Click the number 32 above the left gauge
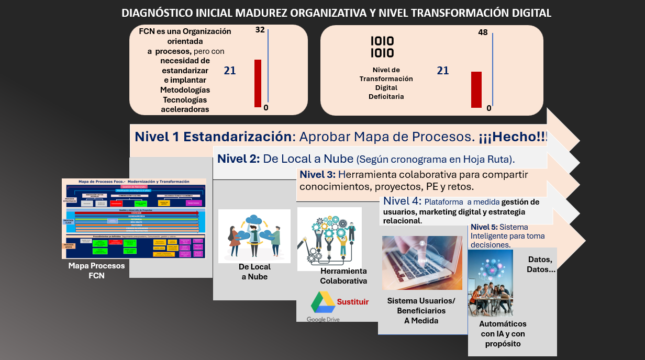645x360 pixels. click(260, 30)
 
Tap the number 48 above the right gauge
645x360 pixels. click(483, 32)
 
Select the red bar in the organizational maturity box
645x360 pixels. click(258, 83)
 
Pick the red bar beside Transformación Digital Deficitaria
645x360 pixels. click(476, 89)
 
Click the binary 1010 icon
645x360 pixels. click(382, 47)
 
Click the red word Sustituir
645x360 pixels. click(353, 302)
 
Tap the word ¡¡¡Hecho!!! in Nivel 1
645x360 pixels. click(513, 137)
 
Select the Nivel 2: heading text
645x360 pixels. click(238, 159)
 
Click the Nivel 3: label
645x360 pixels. click(318, 174)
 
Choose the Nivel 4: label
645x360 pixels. click(402, 201)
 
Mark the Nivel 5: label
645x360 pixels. click(484, 227)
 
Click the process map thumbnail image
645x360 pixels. click(134, 218)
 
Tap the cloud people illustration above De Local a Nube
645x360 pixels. click(254, 236)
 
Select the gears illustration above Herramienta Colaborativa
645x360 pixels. click(329, 239)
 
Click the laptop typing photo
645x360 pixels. click(422, 263)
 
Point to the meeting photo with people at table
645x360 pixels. click(490, 283)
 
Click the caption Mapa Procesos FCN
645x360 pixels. click(96, 271)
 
